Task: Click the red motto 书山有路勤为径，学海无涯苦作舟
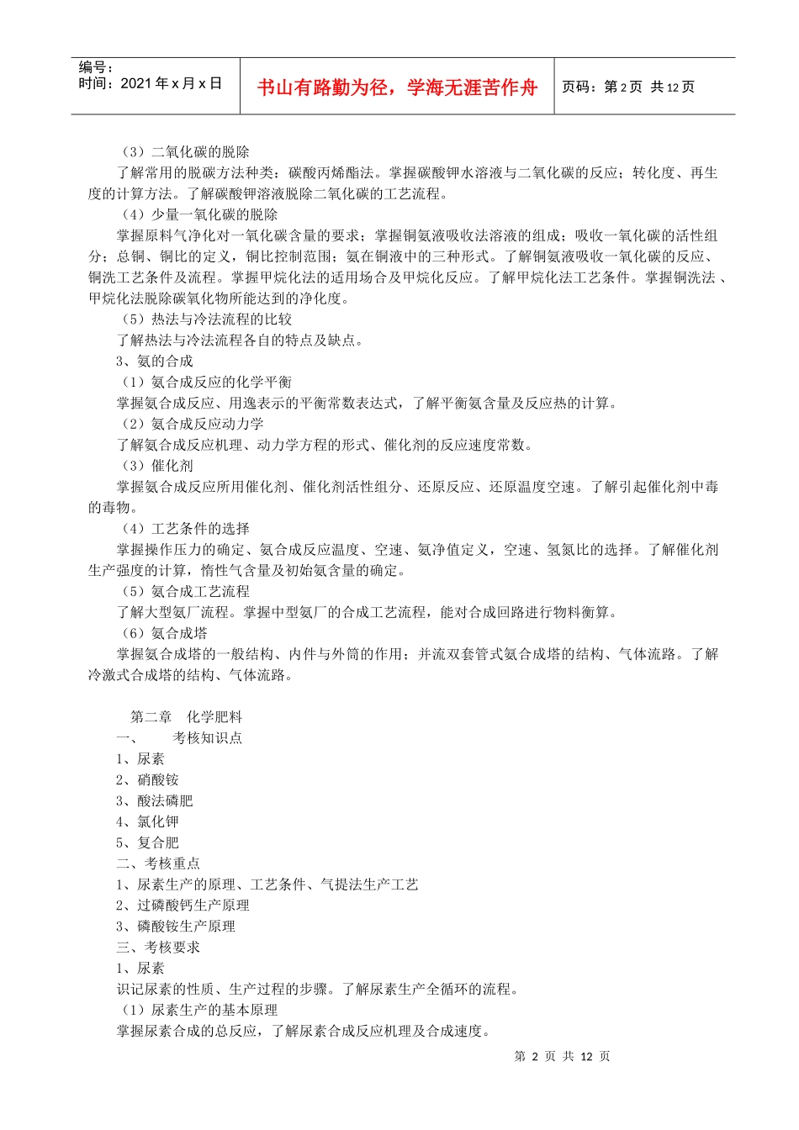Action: pos(396,87)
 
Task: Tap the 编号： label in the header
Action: pos(97,67)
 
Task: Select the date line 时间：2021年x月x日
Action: pos(151,83)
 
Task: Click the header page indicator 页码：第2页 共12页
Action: pos(627,87)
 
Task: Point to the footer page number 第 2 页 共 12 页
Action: pos(562,1056)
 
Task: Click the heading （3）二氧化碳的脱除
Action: pos(186,152)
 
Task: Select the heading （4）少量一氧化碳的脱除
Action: pos(199,215)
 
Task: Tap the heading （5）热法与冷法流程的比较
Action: pos(207,319)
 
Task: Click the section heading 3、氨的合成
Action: pos(155,362)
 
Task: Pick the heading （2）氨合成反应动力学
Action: pos(193,424)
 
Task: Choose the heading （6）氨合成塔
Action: pos(165,633)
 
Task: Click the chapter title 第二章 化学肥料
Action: pos(186,717)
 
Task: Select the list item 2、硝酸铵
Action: pos(147,780)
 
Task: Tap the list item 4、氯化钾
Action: pos(147,821)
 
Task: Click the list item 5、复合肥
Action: pos(147,842)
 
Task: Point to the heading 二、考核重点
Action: pos(158,863)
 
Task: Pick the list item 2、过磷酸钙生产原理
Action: pos(183,906)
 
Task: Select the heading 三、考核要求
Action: pos(158,948)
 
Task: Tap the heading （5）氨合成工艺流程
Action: pos(186,592)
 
